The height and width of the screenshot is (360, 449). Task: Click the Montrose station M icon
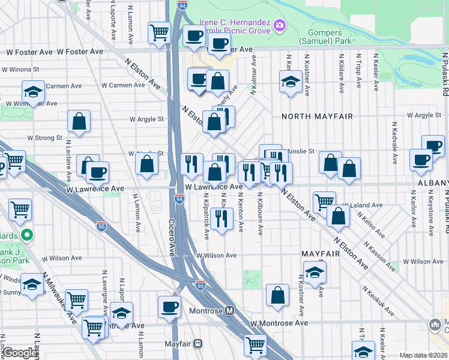(229, 311)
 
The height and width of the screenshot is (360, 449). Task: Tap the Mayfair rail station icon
(197, 345)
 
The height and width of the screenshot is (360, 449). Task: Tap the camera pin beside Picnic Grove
(279, 25)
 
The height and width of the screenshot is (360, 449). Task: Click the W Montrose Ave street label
(279, 323)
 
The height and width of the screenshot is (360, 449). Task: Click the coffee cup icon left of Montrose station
(169, 307)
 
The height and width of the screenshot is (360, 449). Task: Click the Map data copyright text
(423, 355)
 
